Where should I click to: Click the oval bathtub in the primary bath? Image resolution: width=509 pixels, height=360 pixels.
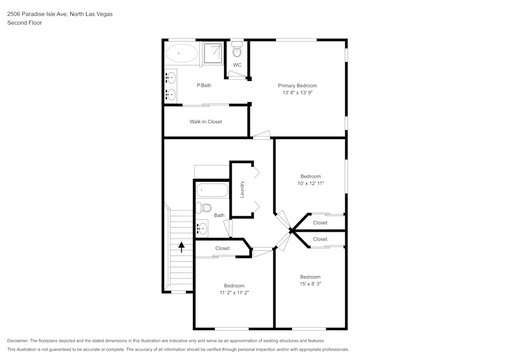click(x=181, y=53)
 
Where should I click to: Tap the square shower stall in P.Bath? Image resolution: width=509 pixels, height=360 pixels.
click(x=213, y=53)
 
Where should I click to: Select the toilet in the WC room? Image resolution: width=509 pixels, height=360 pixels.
click(x=237, y=50)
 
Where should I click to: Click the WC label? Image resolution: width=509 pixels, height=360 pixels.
click(x=237, y=65)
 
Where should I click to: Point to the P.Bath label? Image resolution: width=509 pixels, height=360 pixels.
click(x=204, y=86)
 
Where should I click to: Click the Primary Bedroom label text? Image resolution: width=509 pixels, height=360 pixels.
click(x=297, y=86)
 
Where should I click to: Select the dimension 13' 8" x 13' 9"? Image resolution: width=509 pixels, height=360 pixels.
click(x=297, y=93)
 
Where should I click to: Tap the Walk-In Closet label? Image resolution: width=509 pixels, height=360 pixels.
click(x=206, y=122)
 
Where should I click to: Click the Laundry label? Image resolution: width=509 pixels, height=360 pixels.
click(x=243, y=189)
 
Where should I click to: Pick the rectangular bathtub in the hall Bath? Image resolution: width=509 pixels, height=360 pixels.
click(x=212, y=190)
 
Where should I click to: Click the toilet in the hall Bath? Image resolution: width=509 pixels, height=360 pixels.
click(x=205, y=207)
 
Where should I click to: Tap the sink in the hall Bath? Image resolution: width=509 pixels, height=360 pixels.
click(x=202, y=227)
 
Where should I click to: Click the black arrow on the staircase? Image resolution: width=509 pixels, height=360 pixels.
click(x=181, y=247)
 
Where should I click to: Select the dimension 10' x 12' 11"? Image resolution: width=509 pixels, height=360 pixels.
click(x=310, y=183)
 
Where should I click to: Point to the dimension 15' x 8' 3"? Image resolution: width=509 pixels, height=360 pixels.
click(x=310, y=284)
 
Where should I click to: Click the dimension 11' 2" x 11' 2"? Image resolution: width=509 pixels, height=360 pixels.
click(x=234, y=293)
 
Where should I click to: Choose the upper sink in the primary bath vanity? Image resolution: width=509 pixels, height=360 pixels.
click(x=171, y=78)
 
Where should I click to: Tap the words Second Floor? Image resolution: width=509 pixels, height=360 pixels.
click(x=24, y=23)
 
